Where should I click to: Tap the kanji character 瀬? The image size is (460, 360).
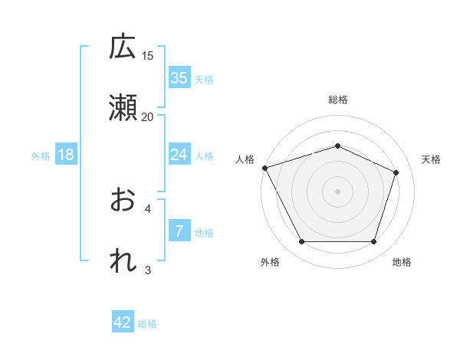pyautogui.click(x=123, y=108)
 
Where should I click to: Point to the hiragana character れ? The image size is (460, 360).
pyautogui.click(x=123, y=261)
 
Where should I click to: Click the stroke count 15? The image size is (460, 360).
pyautogui.click(x=148, y=56)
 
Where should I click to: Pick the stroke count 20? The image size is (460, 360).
pyautogui.click(x=148, y=116)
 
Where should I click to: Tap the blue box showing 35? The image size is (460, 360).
pyautogui.click(x=179, y=78)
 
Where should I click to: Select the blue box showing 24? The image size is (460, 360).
pyautogui.click(x=179, y=155)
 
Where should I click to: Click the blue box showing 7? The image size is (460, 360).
pyautogui.click(x=179, y=231)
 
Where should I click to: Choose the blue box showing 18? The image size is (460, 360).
pyautogui.click(x=66, y=155)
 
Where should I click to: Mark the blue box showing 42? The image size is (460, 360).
pyautogui.click(x=123, y=322)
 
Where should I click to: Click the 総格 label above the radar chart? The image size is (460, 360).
pyautogui.click(x=337, y=100)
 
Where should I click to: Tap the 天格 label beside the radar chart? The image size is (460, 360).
pyautogui.click(x=432, y=159)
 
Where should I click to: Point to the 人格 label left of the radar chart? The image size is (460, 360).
pyautogui.click(x=245, y=159)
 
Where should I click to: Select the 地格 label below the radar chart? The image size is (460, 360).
pyautogui.click(x=402, y=262)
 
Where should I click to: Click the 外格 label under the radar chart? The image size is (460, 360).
pyautogui.click(x=270, y=262)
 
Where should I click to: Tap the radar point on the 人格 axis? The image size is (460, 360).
pyautogui.click(x=264, y=168)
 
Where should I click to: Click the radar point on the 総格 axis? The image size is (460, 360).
pyautogui.click(x=337, y=146)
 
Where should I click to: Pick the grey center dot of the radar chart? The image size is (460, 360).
pyautogui.click(x=337, y=191)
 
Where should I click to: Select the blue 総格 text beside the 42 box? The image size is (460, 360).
pyautogui.click(x=147, y=324)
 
